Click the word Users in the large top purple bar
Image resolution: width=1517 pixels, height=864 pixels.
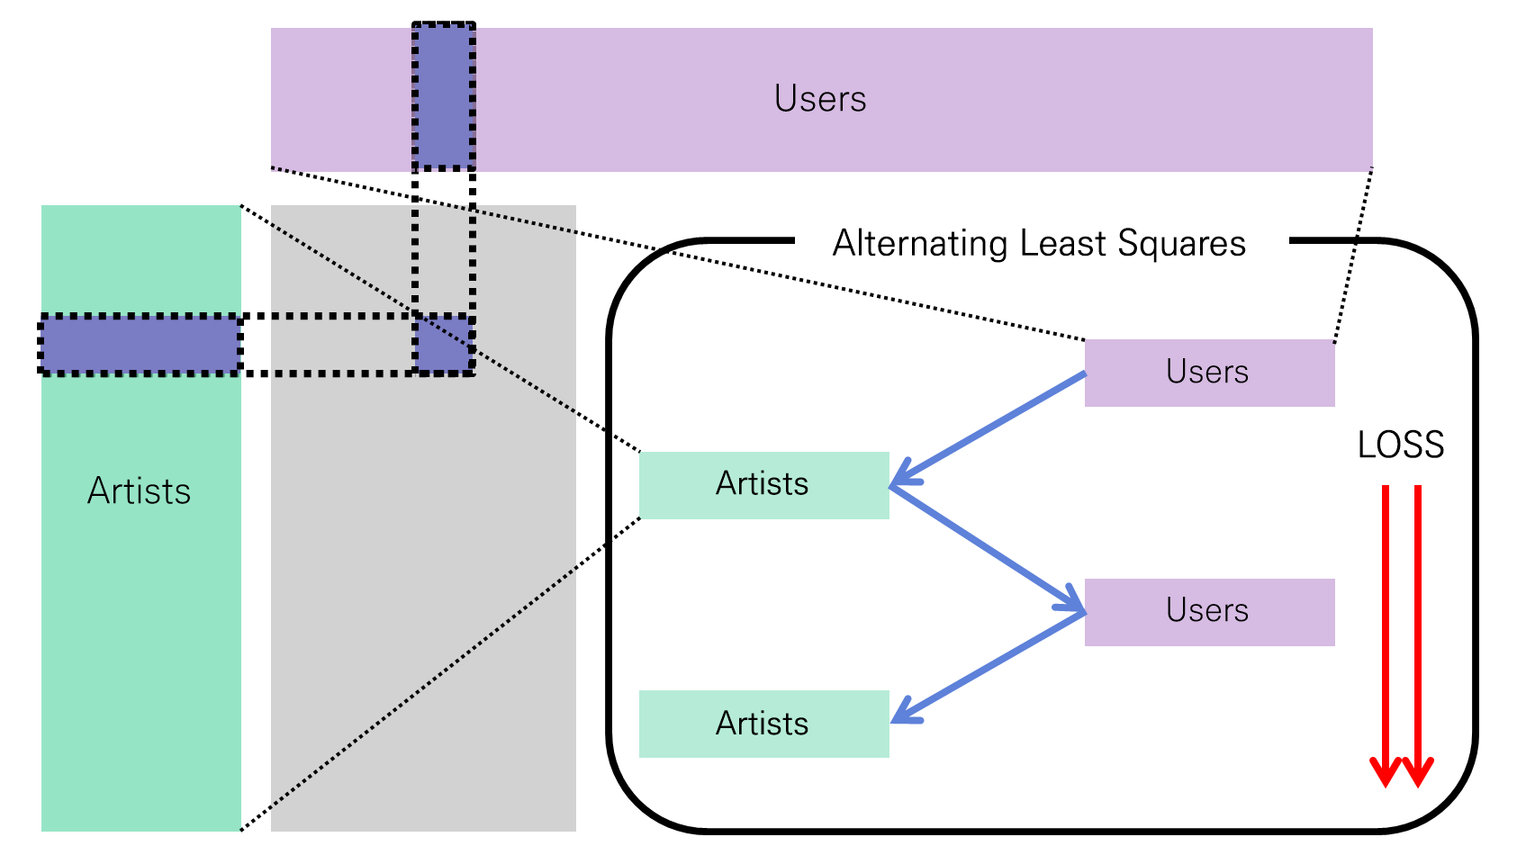tap(820, 98)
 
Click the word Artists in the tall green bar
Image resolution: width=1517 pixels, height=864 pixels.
tap(140, 491)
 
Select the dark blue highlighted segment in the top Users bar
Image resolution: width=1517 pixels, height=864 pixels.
tap(444, 97)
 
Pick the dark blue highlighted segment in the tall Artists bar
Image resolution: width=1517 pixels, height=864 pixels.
tap(140, 344)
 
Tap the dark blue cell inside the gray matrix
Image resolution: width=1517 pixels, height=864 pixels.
tap(444, 344)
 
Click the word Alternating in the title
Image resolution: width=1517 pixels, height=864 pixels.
tap(919, 244)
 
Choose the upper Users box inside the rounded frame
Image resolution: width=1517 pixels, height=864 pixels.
tap(1209, 373)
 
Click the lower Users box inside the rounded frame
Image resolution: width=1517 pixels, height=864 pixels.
tap(1209, 612)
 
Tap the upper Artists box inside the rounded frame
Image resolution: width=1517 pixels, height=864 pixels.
tap(763, 485)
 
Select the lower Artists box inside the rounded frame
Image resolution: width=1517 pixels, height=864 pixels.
tap(763, 724)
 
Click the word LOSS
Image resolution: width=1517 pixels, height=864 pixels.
tap(1401, 445)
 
